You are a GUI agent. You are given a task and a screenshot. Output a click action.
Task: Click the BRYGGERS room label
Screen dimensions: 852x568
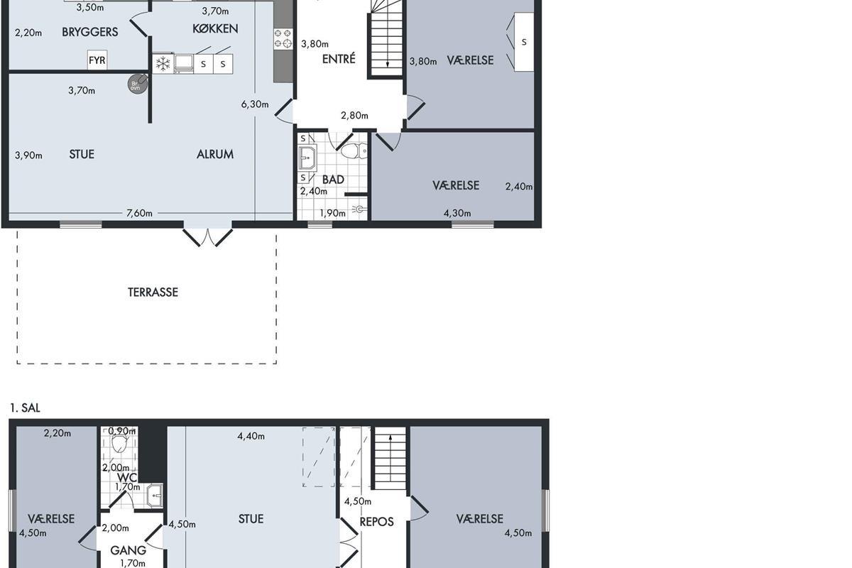tap(89, 32)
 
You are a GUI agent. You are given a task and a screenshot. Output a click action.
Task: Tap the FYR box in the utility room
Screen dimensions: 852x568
tap(97, 60)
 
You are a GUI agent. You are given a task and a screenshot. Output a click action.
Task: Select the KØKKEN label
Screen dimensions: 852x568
tap(215, 28)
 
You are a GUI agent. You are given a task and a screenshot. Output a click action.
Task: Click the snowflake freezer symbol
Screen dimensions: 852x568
tap(163, 63)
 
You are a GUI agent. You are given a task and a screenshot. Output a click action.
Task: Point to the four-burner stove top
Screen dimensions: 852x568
tap(283, 39)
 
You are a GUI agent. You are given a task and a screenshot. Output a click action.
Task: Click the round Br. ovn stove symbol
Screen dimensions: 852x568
tap(137, 84)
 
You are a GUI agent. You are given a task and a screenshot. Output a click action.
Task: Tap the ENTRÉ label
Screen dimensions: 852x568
tap(339, 59)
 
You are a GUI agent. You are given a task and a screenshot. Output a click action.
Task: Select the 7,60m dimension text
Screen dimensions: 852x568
tap(139, 213)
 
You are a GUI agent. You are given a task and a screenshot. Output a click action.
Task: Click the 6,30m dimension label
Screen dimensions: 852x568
tap(255, 104)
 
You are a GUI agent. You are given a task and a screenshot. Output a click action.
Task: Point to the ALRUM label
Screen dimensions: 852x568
tap(215, 154)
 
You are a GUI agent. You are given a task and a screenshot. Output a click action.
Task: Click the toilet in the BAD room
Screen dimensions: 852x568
tap(354, 151)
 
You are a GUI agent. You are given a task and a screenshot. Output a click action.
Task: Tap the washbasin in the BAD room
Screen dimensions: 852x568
tap(307, 158)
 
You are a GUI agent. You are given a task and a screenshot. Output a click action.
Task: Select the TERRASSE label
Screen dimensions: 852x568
tap(153, 293)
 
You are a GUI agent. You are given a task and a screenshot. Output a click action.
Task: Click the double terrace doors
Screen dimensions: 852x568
tap(207, 237)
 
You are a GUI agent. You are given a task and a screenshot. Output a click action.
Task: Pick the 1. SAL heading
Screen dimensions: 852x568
tap(25, 408)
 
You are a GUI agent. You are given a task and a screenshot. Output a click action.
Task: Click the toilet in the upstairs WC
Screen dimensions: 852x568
tap(119, 444)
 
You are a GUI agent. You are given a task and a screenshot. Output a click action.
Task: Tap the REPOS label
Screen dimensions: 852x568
tap(376, 522)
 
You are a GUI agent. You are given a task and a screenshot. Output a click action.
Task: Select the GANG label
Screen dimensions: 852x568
tap(129, 550)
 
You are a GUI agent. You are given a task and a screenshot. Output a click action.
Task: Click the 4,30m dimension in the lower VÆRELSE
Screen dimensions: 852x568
tap(457, 214)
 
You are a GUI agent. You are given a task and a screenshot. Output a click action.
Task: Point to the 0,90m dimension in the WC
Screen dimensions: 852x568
tap(121, 431)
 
